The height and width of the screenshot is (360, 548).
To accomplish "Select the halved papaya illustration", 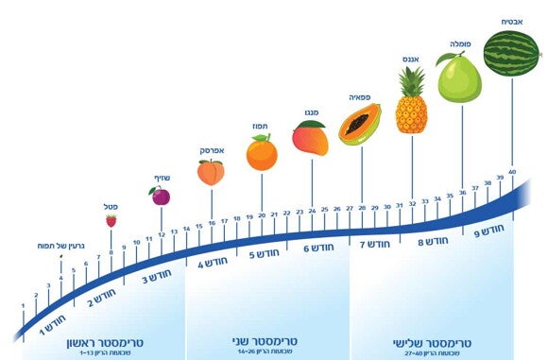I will (x=360, y=124).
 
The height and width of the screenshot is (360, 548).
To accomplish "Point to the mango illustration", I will (x=309, y=138).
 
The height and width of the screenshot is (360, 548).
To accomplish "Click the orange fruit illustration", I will (x=262, y=152).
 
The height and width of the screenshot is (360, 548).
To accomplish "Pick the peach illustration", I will (x=211, y=172).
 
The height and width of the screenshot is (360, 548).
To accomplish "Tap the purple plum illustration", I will (x=160, y=196).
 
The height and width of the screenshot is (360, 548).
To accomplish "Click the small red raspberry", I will (x=111, y=220).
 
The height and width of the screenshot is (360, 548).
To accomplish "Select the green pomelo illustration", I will (x=459, y=77).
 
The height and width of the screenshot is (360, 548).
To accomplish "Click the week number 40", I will (x=512, y=172).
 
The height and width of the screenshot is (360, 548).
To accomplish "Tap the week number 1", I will (x=24, y=305).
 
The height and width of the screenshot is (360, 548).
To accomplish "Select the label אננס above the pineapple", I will (x=410, y=60).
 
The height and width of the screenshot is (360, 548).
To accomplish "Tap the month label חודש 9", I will (x=488, y=230).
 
